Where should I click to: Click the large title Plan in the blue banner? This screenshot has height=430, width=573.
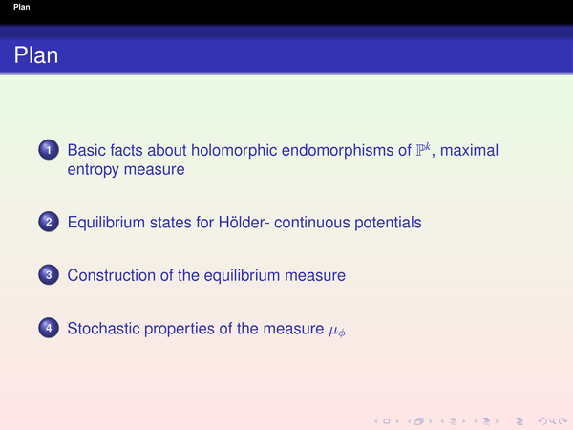(36, 55)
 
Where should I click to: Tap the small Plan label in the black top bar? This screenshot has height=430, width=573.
(22, 7)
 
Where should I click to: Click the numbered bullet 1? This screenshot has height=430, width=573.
(49, 150)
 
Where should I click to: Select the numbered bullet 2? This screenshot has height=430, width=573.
(49, 222)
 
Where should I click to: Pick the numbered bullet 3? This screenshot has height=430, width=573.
(49, 274)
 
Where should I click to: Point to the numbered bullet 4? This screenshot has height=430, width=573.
(49, 328)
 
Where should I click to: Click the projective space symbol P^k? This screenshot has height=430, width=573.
(423, 150)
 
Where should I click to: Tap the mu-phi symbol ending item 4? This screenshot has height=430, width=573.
(337, 331)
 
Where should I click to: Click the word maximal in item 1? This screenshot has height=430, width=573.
(469, 151)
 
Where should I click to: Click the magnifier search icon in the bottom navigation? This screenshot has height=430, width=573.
(552, 421)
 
